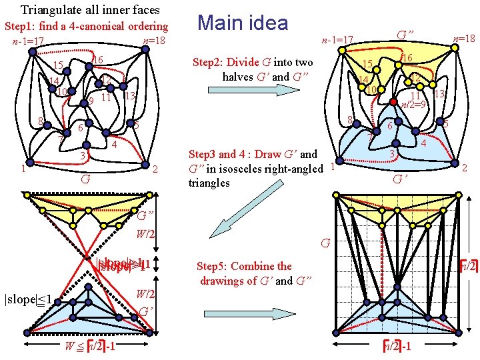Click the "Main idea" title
(x=243, y=23)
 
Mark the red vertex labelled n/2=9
(x=393, y=102)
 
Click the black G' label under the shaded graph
(x=401, y=179)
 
